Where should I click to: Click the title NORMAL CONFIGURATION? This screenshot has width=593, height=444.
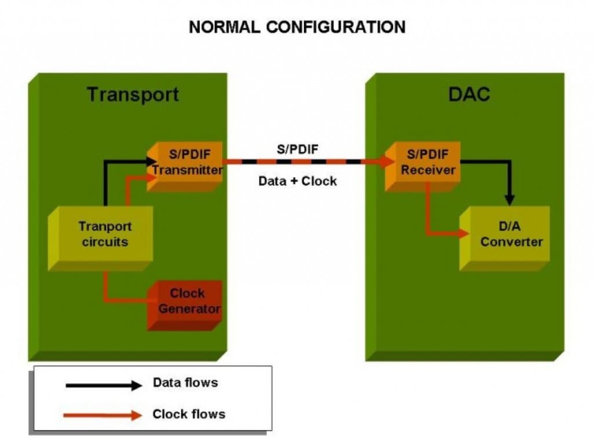click(296, 27)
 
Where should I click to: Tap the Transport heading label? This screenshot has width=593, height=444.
click(133, 94)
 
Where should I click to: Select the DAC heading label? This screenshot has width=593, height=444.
click(469, 94)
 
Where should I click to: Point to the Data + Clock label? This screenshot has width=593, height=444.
click(297, 181)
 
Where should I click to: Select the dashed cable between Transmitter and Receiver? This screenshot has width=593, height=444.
click(301, 162)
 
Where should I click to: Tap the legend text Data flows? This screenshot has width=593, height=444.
click(185, 383)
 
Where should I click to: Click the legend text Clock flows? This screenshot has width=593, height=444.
click(189, 414)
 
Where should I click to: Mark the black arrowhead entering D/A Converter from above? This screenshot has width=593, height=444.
click(510, 200)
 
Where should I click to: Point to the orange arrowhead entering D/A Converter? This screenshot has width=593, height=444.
click(463, 233)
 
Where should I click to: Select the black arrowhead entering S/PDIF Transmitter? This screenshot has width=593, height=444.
click(152, 162)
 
